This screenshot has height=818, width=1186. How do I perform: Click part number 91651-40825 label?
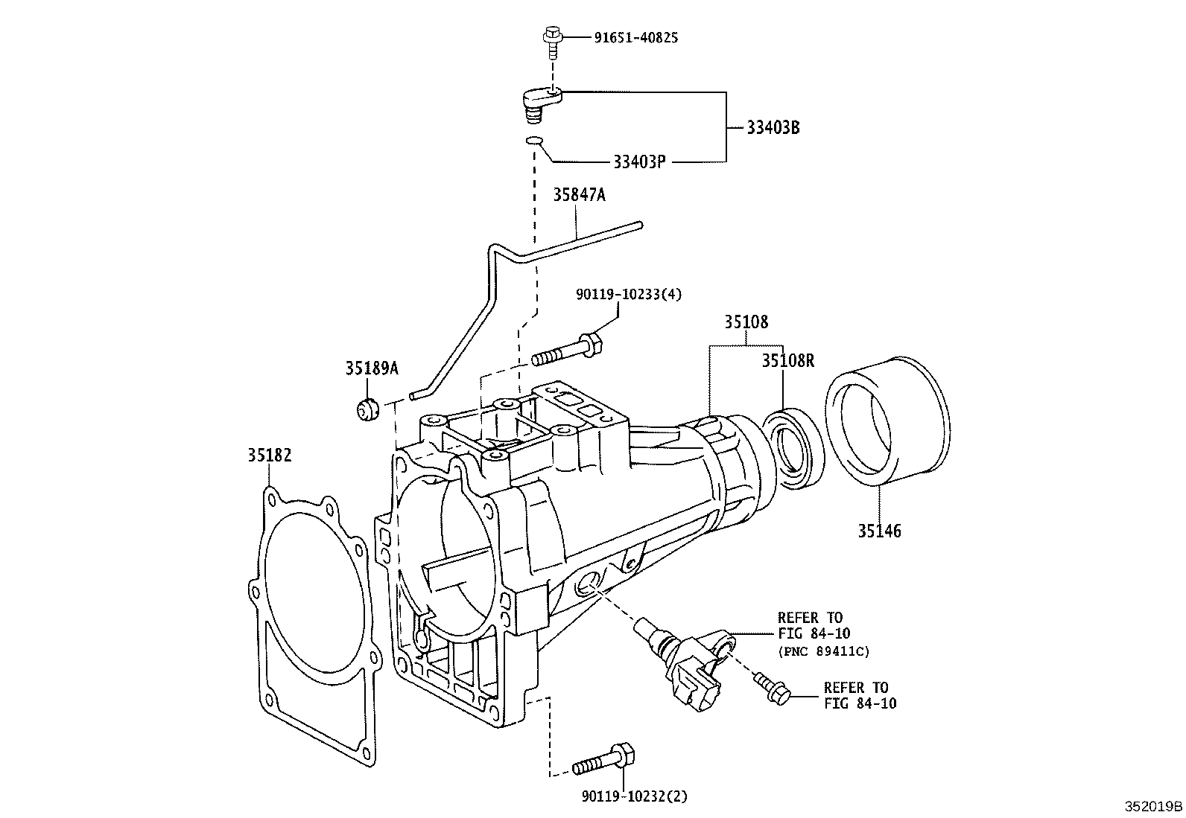tap(635, 36)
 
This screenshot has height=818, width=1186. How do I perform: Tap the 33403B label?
tap(773, 127)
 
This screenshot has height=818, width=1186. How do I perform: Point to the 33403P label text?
tap(638, 162)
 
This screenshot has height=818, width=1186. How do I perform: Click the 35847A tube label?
tap(579, 195)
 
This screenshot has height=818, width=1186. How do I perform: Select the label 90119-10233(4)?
tap(628, 295)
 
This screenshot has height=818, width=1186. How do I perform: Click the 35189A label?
tap(372, 368)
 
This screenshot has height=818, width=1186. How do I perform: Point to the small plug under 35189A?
tap(367, 410)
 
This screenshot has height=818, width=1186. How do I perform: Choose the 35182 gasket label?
tap(270, 455)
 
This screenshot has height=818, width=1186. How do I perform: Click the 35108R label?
tap(787, 361)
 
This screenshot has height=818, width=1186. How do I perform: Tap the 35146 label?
tap(879, 531)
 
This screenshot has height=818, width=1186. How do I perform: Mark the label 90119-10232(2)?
tap(634, 796)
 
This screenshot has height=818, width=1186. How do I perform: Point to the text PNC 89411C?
tap(824, 651)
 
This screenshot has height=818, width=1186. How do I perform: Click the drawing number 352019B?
tap(1153, 806)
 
